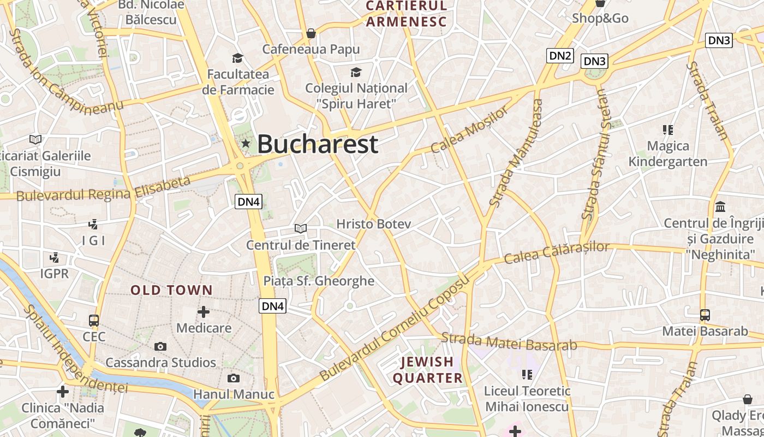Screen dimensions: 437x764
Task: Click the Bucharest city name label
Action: tap(317, 144)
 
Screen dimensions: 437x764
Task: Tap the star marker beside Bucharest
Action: tap(246, 144)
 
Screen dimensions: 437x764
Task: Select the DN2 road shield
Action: tap(560, 55)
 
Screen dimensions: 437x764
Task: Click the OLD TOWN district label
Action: tap(171, 290)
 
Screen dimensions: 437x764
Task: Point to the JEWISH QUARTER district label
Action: tap(428, 370)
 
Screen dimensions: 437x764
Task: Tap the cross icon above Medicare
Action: tap(204, 312)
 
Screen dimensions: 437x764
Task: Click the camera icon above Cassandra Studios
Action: tap(160, 346)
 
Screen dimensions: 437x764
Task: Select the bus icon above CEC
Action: tap(94, 321)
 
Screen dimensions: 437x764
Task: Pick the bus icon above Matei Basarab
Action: tap(705, 315)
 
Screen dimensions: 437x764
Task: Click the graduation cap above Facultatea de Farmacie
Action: tap(237, 58)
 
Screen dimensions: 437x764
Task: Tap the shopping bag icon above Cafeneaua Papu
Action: tap(311, 33)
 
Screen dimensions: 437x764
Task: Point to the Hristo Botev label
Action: tap(373, 224)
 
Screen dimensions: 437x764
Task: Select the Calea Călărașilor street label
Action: tap(556, 252)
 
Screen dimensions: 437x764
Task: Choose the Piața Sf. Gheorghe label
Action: tap(319, 281)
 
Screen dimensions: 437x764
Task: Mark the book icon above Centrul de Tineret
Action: tap(301, 228)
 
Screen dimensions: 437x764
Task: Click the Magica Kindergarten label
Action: tap(668, 153)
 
